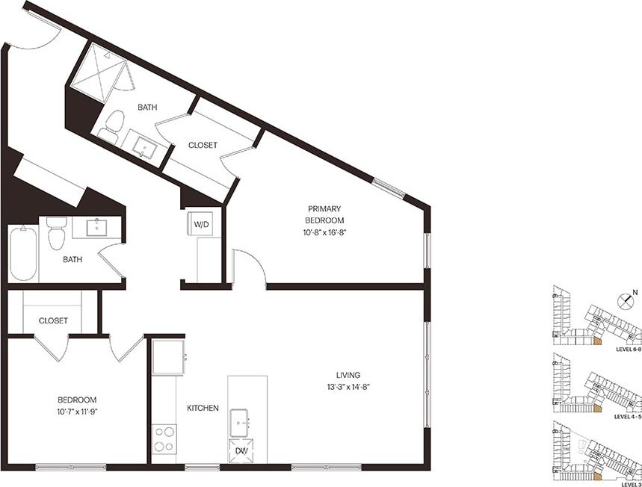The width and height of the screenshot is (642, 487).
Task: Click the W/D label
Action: coord(202,223)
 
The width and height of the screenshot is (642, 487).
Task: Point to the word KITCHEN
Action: coord(203,408)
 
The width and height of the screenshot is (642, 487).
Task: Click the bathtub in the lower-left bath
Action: coord(23,253)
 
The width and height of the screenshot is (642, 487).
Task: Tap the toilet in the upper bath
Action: coord(112,128)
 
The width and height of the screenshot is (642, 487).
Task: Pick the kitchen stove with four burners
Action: coord(164,439)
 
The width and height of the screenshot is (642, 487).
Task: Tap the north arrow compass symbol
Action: coord(626,303)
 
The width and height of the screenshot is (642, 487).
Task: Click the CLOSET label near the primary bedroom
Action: coord(203,145)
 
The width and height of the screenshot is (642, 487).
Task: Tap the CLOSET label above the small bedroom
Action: coord(52,320)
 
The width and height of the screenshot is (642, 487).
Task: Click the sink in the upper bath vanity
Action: coord(142,147)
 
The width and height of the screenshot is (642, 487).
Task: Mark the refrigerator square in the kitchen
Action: coord(168,357)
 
